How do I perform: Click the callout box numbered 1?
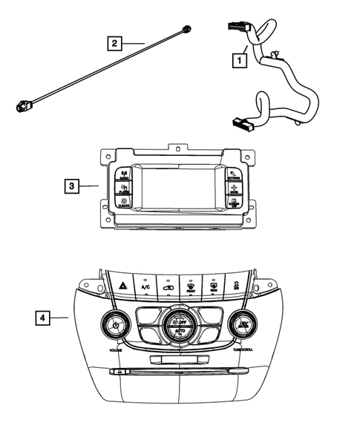point(240,56)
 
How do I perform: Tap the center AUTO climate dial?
point(179,323)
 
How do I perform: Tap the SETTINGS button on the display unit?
point(234,176)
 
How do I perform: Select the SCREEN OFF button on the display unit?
point(234,203)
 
